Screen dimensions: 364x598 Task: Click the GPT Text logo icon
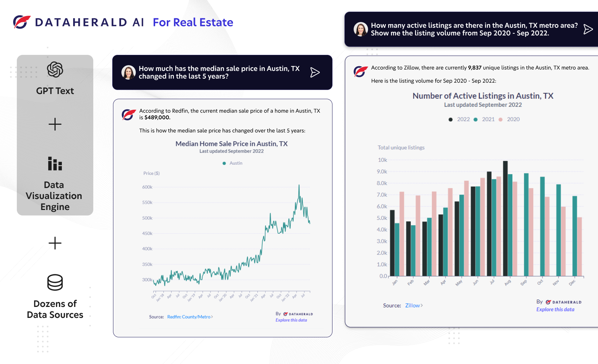(55, 70)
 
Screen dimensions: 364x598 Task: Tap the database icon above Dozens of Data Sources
(55, 282)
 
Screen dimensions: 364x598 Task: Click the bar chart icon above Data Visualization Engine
(55, 164)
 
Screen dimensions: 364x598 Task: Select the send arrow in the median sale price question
(315, 72)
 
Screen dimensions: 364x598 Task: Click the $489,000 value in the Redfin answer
(157, 117)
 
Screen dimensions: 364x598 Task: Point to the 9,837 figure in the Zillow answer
(475, 68)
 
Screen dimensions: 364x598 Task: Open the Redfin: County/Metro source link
(189, 317)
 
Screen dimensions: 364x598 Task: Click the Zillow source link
(413, 305)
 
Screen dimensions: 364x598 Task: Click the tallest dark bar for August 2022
(505, 218)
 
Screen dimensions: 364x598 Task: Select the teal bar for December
(575, 236)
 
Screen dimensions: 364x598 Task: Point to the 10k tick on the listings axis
(382, 160)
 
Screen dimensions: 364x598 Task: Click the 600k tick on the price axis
(147, 187)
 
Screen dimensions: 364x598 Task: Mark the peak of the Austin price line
(299, 185)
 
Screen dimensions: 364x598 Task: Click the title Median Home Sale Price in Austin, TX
(232, 144)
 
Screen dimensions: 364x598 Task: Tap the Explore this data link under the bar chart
(555, 309)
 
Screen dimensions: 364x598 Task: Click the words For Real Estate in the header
(193, 22)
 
